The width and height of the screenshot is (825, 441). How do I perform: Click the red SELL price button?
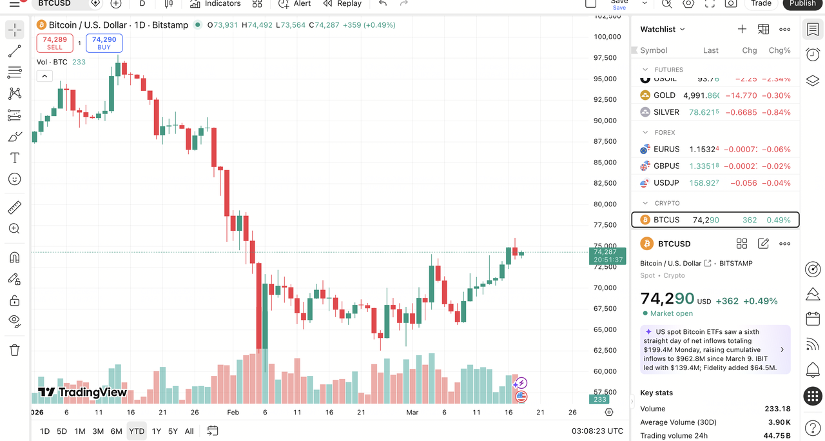(x=55, y=43)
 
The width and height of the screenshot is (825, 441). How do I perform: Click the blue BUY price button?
(x=104, y=43)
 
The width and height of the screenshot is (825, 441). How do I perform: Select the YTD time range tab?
(x=136, y=431)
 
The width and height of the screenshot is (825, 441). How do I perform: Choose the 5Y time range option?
(x=173, y=431)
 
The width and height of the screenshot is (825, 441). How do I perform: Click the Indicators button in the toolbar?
(x=215, y=4)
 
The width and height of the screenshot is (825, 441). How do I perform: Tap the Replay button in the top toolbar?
(x=342, y=4)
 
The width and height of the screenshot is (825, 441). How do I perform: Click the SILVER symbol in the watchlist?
(x=666, y=112)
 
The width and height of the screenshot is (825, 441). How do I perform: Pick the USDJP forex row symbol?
(x=666, y=183)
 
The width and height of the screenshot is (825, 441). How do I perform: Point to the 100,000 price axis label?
(x=607, y=37)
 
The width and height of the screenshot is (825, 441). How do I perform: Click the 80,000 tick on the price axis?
(x=605, y=204)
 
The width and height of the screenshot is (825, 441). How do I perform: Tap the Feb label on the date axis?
(x=233, y=412)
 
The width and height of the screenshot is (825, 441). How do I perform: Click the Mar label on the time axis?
(x=412, y=412)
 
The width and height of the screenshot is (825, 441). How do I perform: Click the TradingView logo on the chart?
(x=82, y=392)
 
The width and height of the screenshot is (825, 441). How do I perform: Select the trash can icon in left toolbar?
(x=14, y=350)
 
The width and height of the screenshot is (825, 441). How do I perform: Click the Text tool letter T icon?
(x=14, y=158)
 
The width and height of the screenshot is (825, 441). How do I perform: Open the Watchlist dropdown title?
(x=663, y=29)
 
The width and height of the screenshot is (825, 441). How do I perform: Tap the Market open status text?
(x=671, y=313)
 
